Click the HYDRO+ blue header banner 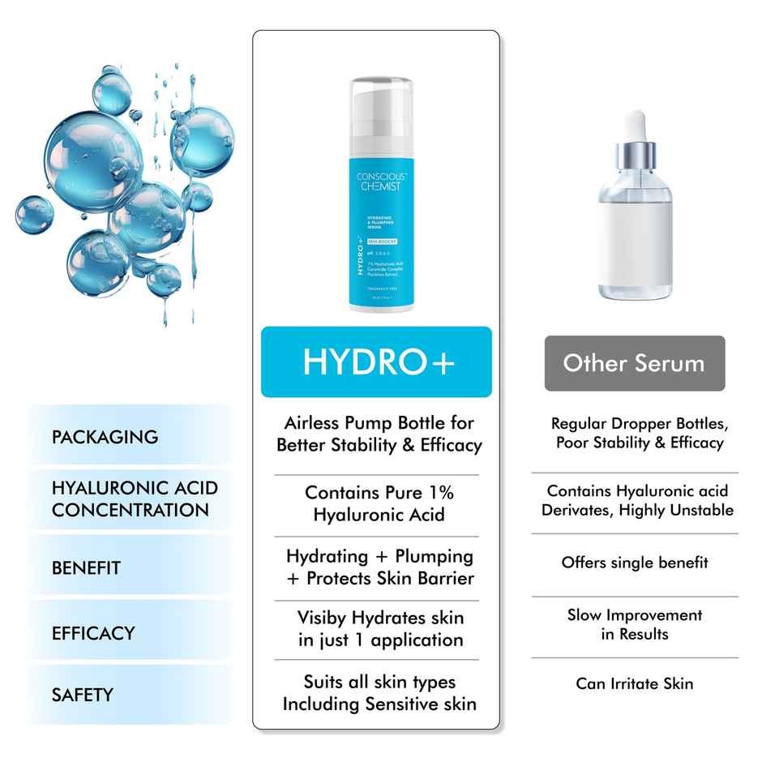[x=376, y=362]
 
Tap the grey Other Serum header [x=634, y=362]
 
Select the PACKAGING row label [x=105, y=437]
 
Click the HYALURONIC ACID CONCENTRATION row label [x=135, y=499]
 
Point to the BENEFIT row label [x=86, y=568]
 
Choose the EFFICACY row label [x=93, y=633]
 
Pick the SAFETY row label [x=82, y=695]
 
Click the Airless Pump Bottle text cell [x=379, y=434]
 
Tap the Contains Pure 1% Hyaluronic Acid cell [x=379, y=503]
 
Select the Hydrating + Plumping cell [x=379, y=567]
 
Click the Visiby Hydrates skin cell [x=379, y=628]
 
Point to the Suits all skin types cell [x=379, y=693]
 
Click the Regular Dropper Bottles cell [x=640, y=433]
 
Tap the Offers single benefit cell [x=635, y=562]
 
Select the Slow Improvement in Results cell [x=635, y=624]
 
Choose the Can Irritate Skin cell [x=635, y=683]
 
